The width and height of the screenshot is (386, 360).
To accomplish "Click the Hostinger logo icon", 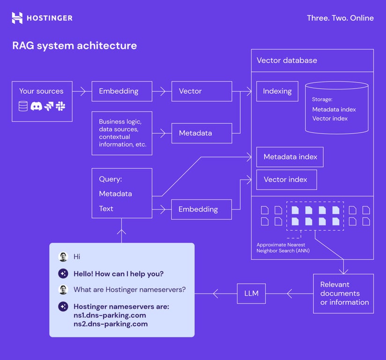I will (17, 18).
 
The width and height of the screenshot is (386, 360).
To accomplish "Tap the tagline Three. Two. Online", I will (340, 18).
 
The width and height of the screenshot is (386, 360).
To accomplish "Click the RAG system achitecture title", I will (74, 45).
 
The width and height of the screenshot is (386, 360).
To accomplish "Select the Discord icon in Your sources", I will (36, 106).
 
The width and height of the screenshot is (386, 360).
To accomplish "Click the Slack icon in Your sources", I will (60, 106).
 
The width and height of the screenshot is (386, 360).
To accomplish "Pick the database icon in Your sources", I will (23, 106).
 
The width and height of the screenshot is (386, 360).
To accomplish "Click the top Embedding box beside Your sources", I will (122, 91).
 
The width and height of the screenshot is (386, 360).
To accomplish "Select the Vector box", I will (201, 91).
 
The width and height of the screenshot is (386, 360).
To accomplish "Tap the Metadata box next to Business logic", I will (201, 133).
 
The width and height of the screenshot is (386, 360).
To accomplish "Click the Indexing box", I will (277, 91).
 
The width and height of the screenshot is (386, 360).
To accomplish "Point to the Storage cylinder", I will (336, 108).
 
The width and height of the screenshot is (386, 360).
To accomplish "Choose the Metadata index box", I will (290, 157).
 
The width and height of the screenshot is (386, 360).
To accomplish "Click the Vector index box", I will (286, 180).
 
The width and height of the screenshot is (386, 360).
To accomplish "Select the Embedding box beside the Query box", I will (201, 209).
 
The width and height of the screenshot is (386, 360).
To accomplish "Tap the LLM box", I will (252, 294).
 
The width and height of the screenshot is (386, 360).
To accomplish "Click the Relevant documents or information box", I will (343, 293).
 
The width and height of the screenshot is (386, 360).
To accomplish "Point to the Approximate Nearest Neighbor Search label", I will (283, 248).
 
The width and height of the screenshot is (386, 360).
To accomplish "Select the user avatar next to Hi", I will (63, 256).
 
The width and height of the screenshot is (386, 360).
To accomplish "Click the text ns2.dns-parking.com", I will (111, 324).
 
